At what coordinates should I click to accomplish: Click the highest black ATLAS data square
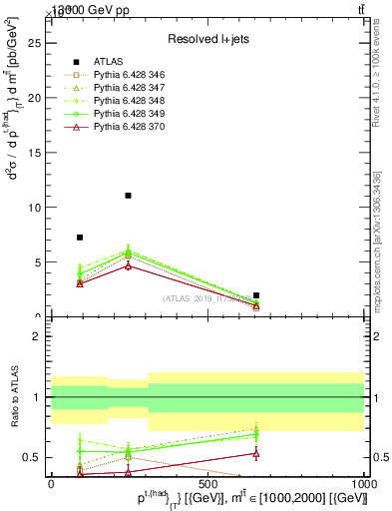tap(128, 196)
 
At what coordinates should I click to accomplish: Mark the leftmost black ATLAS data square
tap(80, 238)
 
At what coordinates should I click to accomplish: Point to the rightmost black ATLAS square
tap(256, 295)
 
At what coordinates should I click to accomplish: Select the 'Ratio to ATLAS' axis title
tap(15, 397)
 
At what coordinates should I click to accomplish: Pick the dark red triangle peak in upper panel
tap(128, 265)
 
